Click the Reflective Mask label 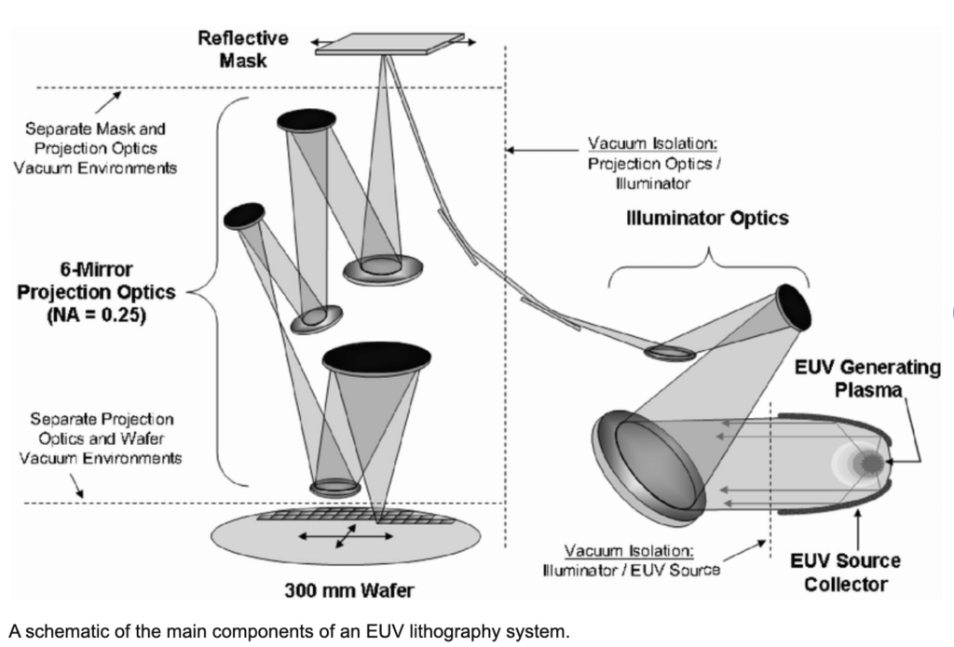pyautogui.click(x=243, y=48)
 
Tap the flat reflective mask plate pyautogui.click(x=389, y=45)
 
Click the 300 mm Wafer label pyautogui.click(x=349, y=590)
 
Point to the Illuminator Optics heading pyautogui.click(x=707, y=219)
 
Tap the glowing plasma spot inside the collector pyautogui.click(x=871, y=462)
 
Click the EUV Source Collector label pyautogui.click(x=845, y=573)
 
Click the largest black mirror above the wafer pyautogui.click(x=375, y=357)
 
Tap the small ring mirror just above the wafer pyautogui.click(x=335, y=487)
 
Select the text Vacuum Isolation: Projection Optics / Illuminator pyautogui.click(x=655, y=164)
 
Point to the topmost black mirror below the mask pyautogui.click(x=307, y=119)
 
